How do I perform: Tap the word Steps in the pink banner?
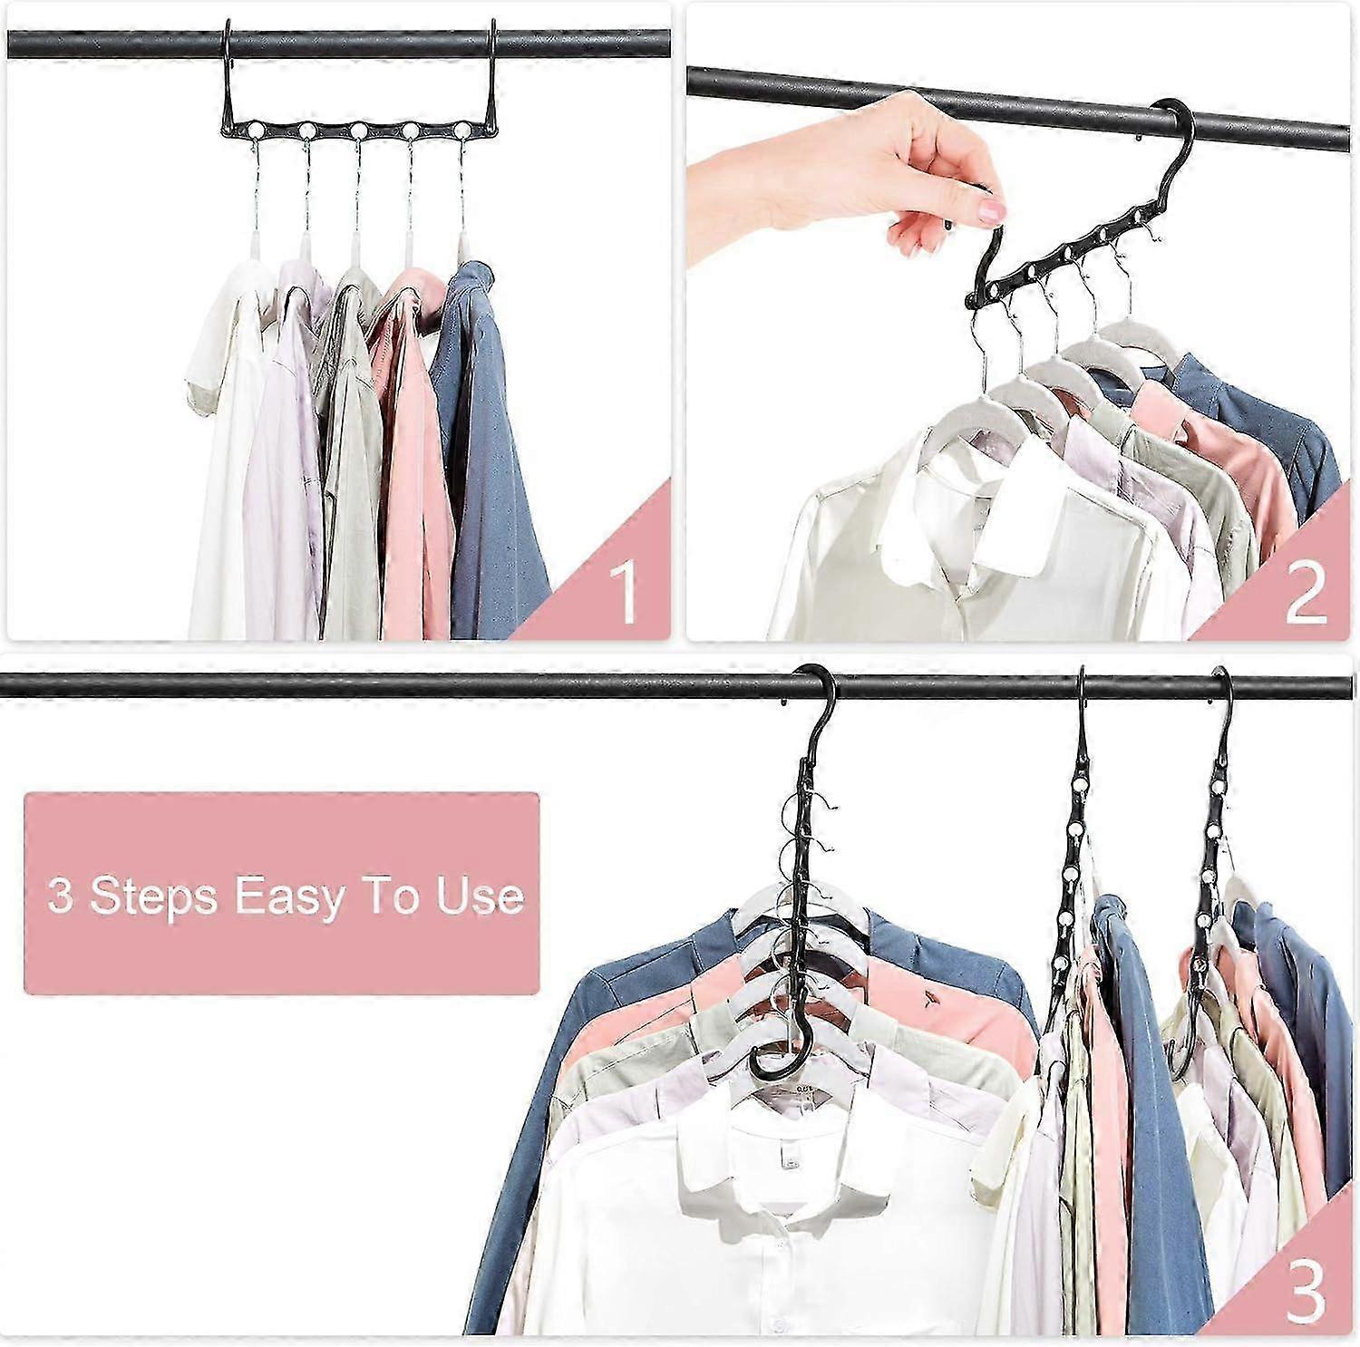pos(153,896)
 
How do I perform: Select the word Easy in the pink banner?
pos(289,896)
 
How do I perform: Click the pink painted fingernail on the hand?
pos(993,212)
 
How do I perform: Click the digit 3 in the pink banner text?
pos(60,896)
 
